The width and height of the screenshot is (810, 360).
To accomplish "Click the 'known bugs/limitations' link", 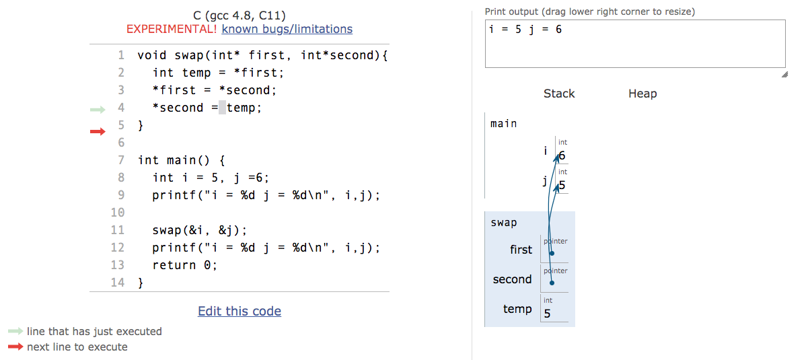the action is [x=287, y=29].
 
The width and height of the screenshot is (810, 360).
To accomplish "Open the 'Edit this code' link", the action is [x=240, y=311].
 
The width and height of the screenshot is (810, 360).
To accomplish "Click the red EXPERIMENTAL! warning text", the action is [x=172, y=29].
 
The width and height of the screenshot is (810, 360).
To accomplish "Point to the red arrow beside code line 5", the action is [x=98, y=131].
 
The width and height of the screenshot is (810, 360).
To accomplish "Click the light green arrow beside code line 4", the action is [x=98, y=109].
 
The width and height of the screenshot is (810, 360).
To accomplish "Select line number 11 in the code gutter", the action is [x=118, y=230].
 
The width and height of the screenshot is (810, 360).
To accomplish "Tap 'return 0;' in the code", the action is [x=184, y=265].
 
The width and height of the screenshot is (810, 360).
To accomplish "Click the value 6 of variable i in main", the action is [x=562, y=156].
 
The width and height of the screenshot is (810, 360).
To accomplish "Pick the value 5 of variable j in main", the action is [x=562, y=185].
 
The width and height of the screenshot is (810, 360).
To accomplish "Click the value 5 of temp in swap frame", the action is [x=547, y=314].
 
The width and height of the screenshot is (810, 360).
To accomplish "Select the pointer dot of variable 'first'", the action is [x=552, y=253].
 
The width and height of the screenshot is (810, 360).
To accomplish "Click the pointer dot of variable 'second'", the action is [x=552, y=283].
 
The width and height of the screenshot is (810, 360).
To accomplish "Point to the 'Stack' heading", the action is [x=559, y=94].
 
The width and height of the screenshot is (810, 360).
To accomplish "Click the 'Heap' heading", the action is [x=642, y=94].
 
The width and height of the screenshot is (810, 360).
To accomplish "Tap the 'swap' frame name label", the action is [x=504, y=223].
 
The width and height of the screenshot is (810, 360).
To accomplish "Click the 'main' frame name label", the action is [x=504, y=124].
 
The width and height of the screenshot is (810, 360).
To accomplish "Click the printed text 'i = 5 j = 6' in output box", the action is [x=525, y=30].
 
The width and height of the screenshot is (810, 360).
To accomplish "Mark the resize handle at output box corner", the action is [x=784, y=75].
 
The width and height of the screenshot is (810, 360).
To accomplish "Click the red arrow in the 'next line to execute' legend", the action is [x=15, y=347].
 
